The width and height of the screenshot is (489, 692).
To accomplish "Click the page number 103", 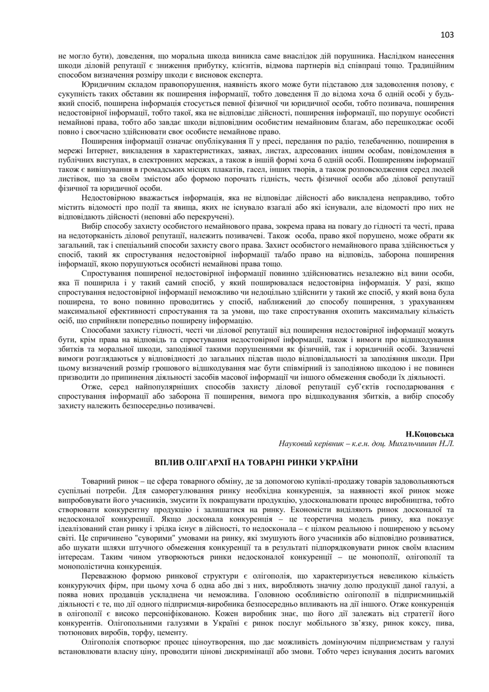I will [447, 35].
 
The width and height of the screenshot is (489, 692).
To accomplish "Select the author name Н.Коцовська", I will [430, 434].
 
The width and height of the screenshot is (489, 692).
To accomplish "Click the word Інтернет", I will [100, 151].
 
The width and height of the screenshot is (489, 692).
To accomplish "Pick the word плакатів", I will [239, 169].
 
